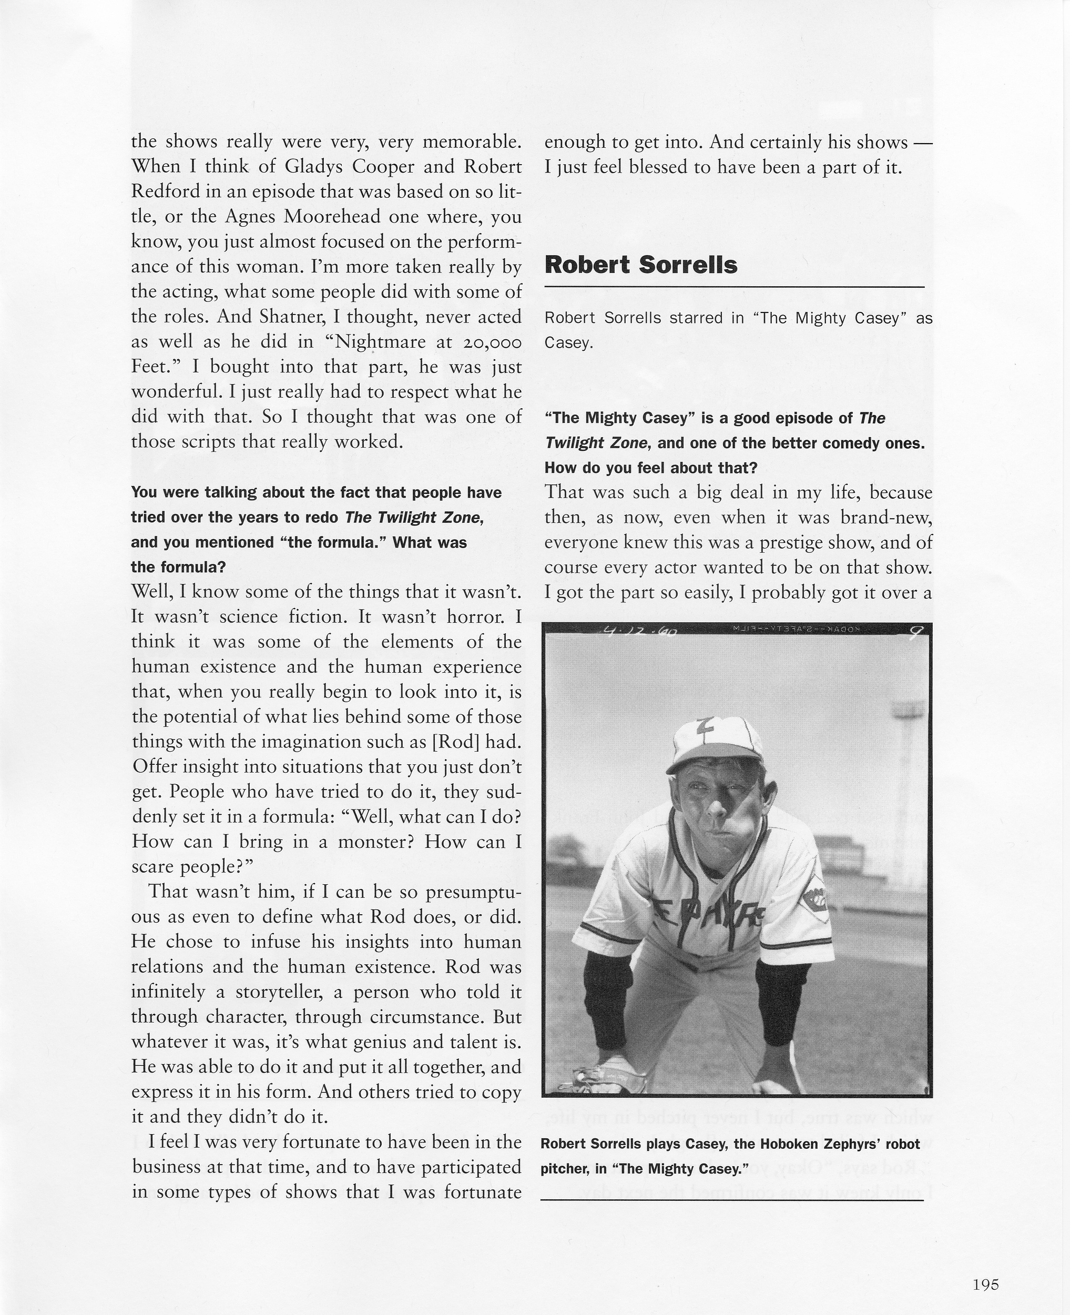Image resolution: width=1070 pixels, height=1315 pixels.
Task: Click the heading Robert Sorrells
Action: click(641, 265)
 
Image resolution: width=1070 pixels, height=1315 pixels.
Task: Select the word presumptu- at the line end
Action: click(473, 892)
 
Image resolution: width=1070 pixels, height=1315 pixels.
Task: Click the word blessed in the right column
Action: click(656, 168)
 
